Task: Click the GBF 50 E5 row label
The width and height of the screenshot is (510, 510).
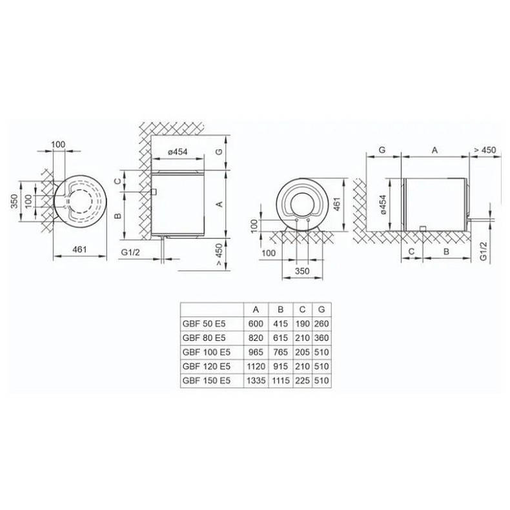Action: pyautogui.click(x=204, y=324)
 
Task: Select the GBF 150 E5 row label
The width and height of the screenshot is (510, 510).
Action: pyautogui.click(x=207, y=380)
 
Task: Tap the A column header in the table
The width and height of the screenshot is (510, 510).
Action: pyautogui.click(x=256, y=310)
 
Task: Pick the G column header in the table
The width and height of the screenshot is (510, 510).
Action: pyautogui.click(x=321, y=309)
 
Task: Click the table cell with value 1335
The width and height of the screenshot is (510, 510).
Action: pyautogui.click(x=256, y=380)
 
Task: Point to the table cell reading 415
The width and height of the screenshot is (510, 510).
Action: pyautogui.click(x=281, y=324)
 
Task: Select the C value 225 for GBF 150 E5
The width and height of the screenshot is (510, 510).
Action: pyautogui.click(x=303, y=380)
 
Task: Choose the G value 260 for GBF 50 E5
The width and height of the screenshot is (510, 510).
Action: pyautogui.click(x=321, y=324)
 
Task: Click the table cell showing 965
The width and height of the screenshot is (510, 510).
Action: pyautogui.click(x=256, y=352)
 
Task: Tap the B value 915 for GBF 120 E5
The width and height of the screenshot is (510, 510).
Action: pyautogui.click(x=281, y=367)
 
